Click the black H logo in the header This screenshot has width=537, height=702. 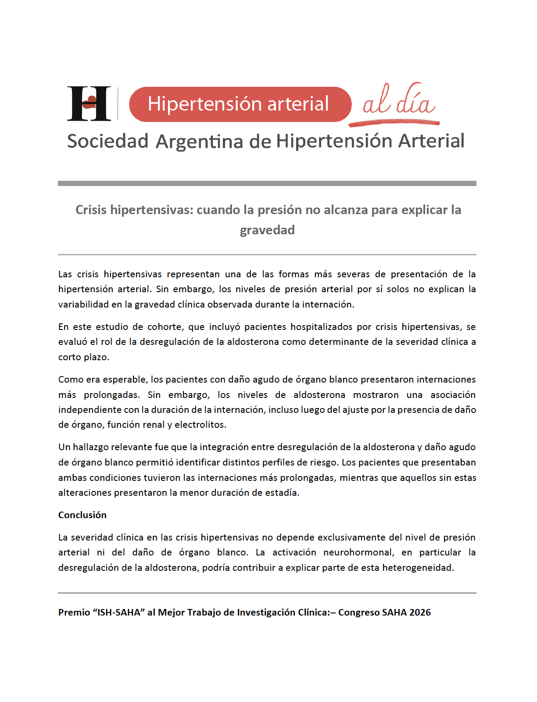click(89, 104)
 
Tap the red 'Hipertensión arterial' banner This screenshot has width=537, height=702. click(240, 104)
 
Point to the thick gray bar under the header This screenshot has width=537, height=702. click(267, 183)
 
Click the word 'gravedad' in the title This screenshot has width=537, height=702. click(267, 230)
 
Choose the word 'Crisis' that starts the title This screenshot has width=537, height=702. click(91, 210)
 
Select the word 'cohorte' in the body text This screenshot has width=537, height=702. click(165, 327)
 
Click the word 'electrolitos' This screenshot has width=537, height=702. click(200, 425)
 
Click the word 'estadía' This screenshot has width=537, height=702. click(282, 493)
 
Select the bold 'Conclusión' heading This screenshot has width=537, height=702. click(82, 515)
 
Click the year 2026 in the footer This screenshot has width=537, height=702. click(420, 612)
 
